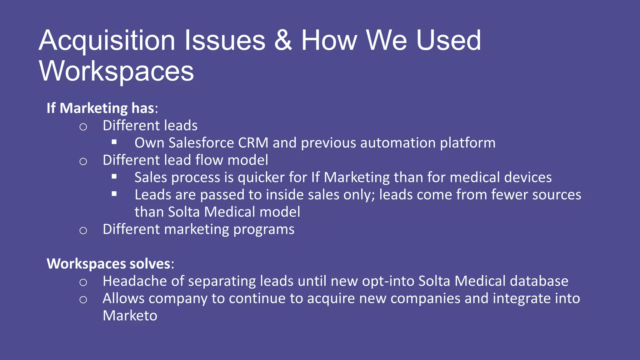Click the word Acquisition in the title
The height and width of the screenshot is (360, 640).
(107, 41)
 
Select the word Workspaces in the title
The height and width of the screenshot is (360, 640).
(116, 71)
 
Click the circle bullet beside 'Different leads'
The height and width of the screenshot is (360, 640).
(83, 127)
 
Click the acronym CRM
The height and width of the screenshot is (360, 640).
(253, 143)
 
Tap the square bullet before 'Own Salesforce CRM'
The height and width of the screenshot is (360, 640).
(114, 142)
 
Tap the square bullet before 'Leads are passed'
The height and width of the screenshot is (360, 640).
(114, 194)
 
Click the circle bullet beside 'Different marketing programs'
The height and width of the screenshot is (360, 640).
(83, 231)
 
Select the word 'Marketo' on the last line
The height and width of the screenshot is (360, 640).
(130, 316)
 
